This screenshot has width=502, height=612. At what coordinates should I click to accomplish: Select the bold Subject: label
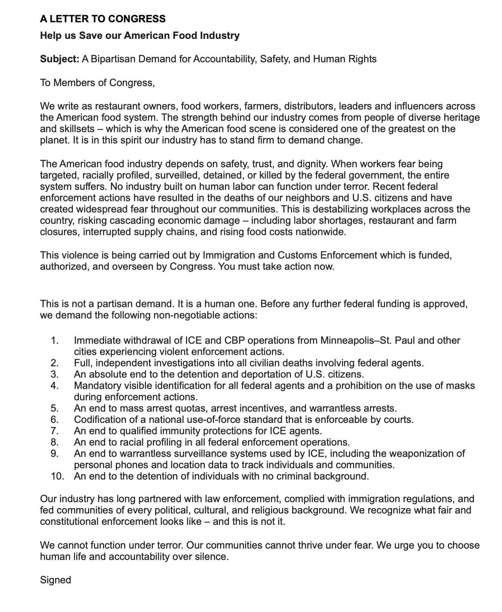click(60, 59)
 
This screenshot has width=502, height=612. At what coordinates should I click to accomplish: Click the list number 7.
click(54, 431)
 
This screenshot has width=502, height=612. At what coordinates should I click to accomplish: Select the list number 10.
click(57, 476)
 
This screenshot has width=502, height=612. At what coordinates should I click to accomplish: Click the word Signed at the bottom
click(55, 580)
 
